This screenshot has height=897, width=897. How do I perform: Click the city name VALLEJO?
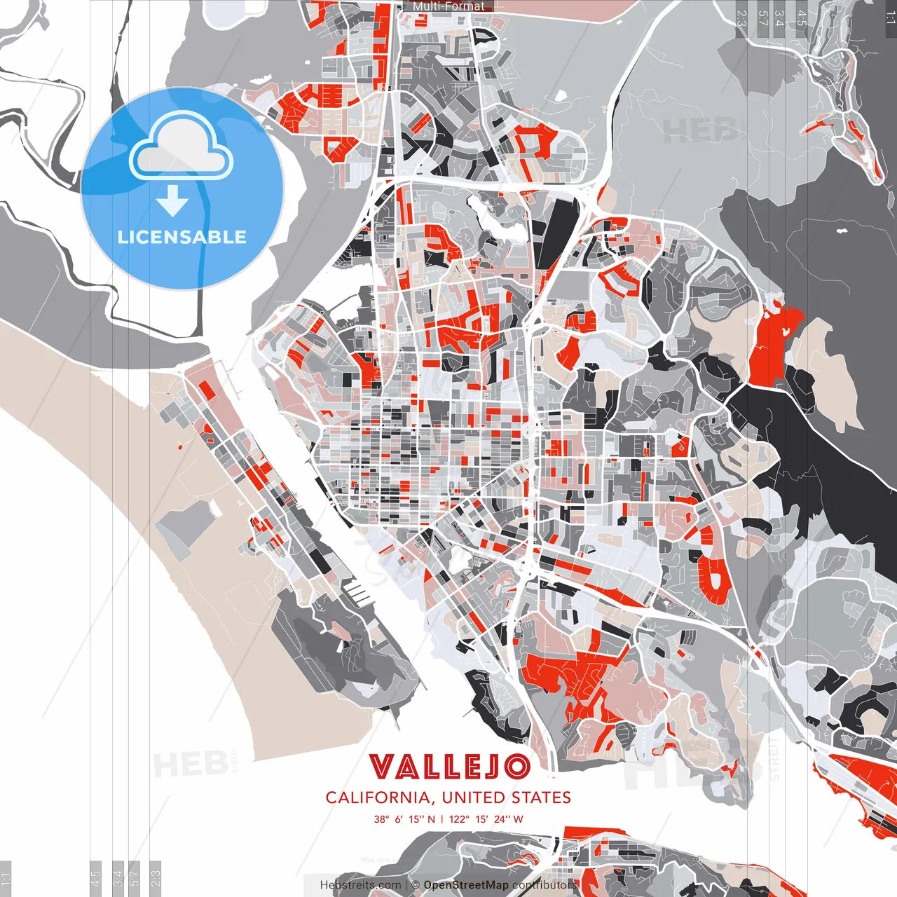click(449, 767)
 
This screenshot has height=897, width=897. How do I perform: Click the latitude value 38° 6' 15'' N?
click(404, 819)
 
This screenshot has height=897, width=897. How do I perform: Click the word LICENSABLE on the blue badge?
click(182, 237)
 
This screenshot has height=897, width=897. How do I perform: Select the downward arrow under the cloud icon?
click(172, 201)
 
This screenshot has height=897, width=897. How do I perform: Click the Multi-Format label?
click(448, 6)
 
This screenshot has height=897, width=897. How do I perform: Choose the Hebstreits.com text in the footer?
click(361, 885)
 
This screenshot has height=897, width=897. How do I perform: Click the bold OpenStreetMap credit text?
click(466, 885)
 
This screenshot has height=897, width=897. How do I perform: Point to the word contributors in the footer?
click(544, 885)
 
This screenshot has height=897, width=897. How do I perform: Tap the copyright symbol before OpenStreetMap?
click(415, 885)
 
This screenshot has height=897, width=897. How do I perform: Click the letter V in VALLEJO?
click(383, 767)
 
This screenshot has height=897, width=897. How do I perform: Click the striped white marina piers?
click(358, 593)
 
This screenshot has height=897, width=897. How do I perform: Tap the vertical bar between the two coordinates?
click(442, 819)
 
